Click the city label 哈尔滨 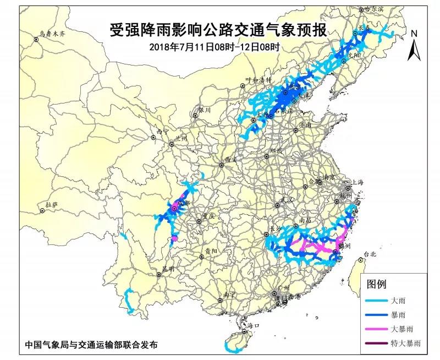376,9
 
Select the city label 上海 358,182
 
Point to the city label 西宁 162,132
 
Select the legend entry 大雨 398,302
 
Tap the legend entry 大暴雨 401,329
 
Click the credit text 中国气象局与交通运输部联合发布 91,345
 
